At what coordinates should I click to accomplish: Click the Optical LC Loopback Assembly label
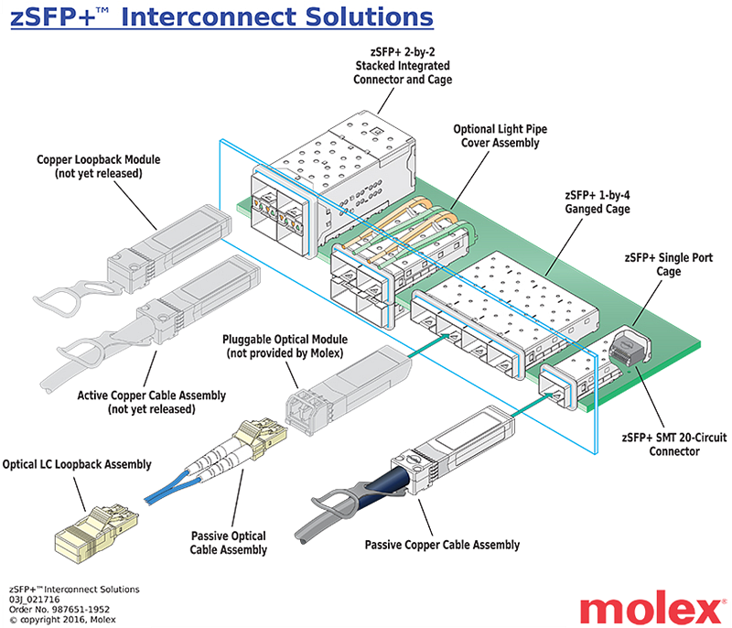tap(77, 464)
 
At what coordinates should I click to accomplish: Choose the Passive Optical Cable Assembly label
tap(229, 543)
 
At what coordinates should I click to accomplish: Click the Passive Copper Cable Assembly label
tap(442, 545)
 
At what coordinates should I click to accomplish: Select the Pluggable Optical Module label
tap(283, 347)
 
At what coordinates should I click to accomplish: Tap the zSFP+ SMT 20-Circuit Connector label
tap(662, 444)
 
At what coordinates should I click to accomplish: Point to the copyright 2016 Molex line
tap(62, 619)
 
